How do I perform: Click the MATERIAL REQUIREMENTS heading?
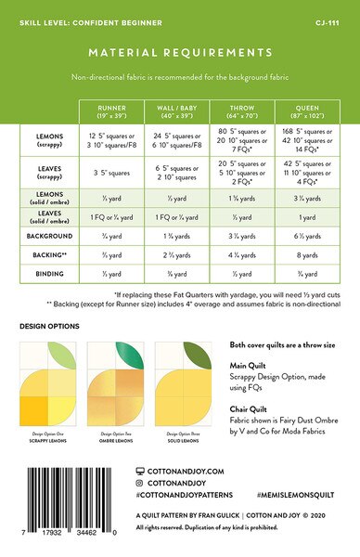click(x=180, y=53)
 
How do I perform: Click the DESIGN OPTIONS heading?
click(x=49, y=326)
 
